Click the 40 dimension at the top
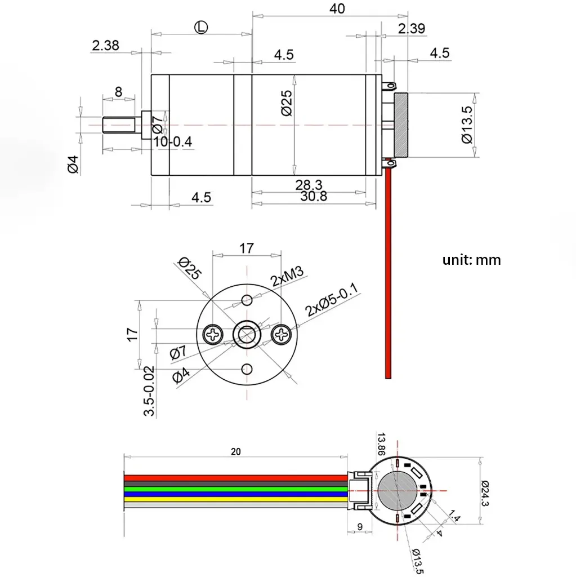pos(338,8)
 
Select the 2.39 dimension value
pos(411,29)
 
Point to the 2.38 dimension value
pos(105,46)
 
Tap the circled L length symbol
pos(201,26)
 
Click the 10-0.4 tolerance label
pos(172,141)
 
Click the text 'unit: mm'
pos(471,260)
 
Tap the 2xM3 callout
pos(287,277)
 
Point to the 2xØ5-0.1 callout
pos(332,301)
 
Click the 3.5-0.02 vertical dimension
pos(149,391)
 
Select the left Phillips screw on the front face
pos(214,335)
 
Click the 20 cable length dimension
pos(235,451)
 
